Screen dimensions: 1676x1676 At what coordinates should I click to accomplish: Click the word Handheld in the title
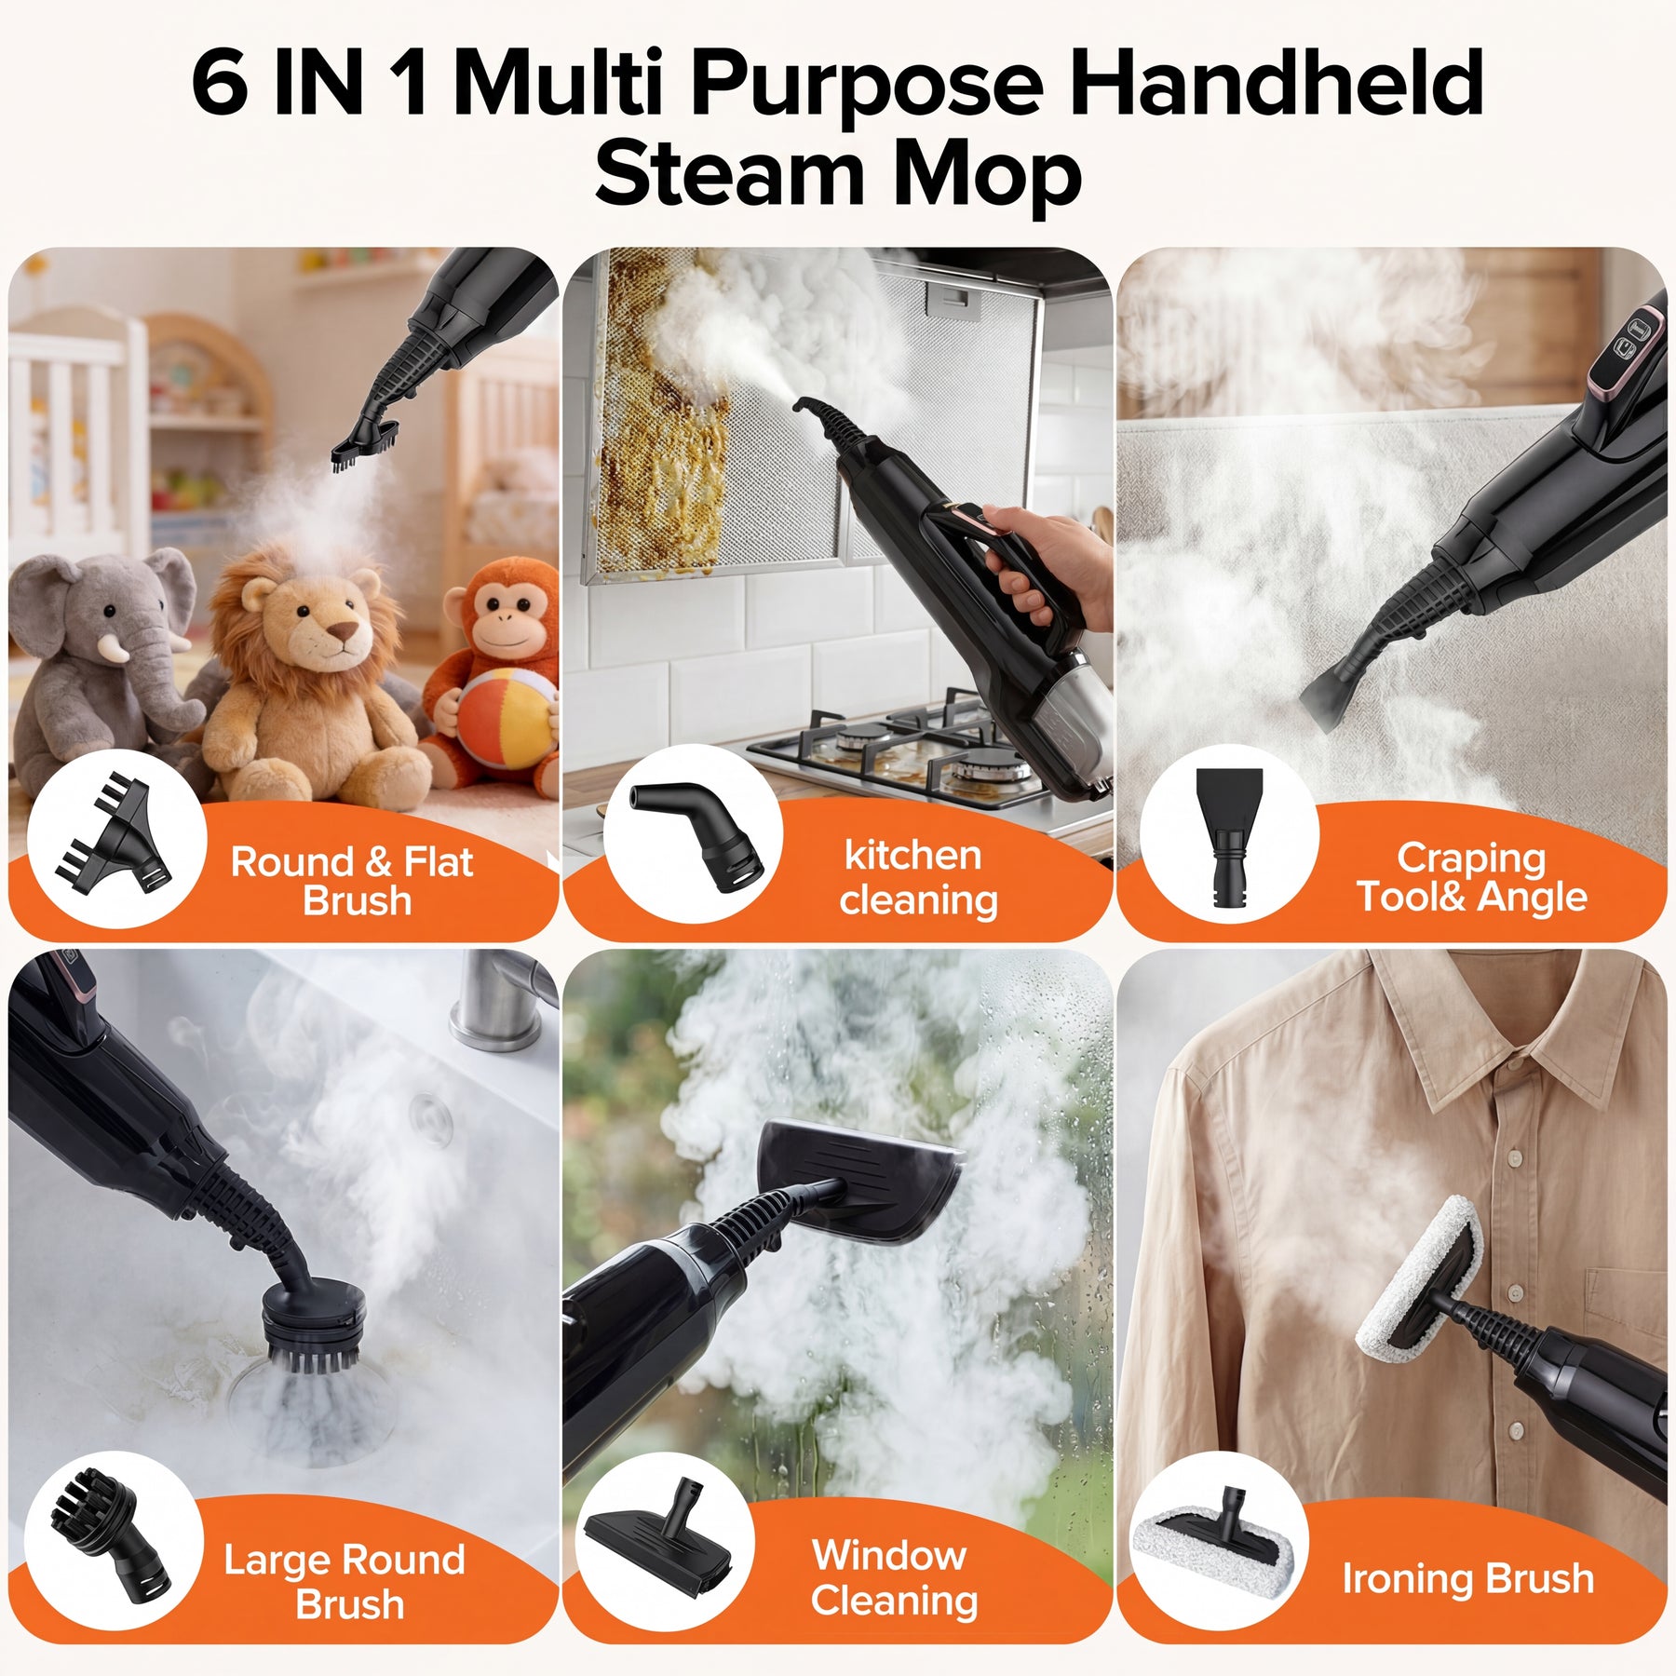tap(1276, 84)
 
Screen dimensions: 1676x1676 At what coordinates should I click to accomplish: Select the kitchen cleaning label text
tap(917, 877)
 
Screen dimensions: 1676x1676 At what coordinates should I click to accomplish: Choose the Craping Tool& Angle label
tap(1471, 877)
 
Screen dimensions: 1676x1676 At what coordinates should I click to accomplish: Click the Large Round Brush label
tap(345, 1581)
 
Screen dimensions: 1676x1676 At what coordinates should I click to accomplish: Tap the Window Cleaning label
tap(894, 1578)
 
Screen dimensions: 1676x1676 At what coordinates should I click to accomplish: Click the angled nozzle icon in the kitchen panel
tap(696, 831)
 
